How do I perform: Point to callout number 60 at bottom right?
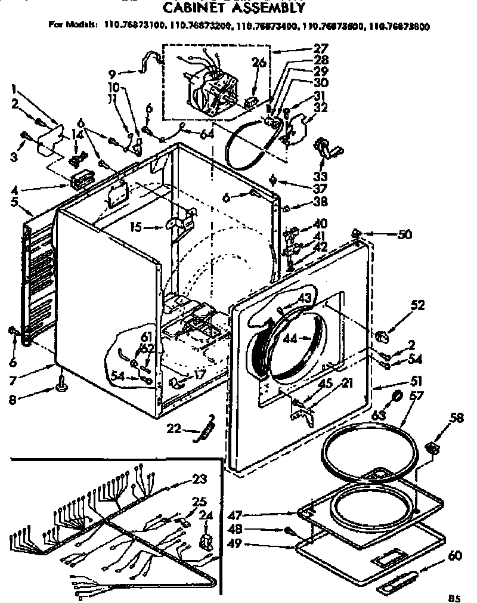454,556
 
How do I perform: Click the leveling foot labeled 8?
61,388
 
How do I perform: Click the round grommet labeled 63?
397,398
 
